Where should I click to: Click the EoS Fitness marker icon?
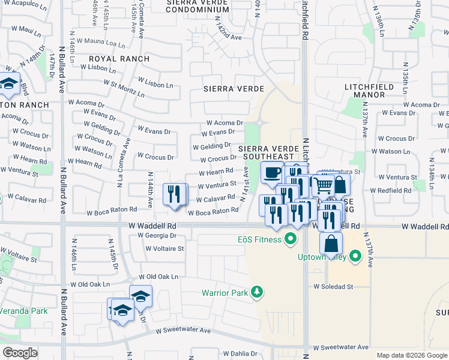click(x=291, y=240)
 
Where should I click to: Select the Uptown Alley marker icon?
click(x=355, y=258)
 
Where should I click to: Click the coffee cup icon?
click(x=272, y=173)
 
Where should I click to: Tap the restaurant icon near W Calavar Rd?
click(x=175, y=193)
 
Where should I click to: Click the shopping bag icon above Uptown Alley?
click(x=331, y=243)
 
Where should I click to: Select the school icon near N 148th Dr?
click(x=8, y=84)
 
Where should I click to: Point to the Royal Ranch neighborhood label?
click(x=114, y=59)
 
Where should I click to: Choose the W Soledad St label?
click(x=333, y=287)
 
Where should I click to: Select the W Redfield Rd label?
click(x=391, y=190)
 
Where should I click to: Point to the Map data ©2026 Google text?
click(x=411, y=355)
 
